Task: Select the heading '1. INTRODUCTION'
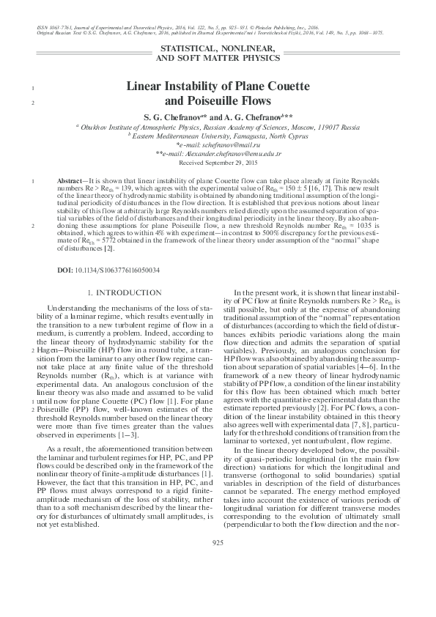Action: click(x=119, y=293)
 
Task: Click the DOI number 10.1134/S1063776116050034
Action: click(x=117, y=270)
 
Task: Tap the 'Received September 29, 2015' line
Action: click(x=218, y=164)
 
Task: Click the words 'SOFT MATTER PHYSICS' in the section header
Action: click(x=218, y=56)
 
